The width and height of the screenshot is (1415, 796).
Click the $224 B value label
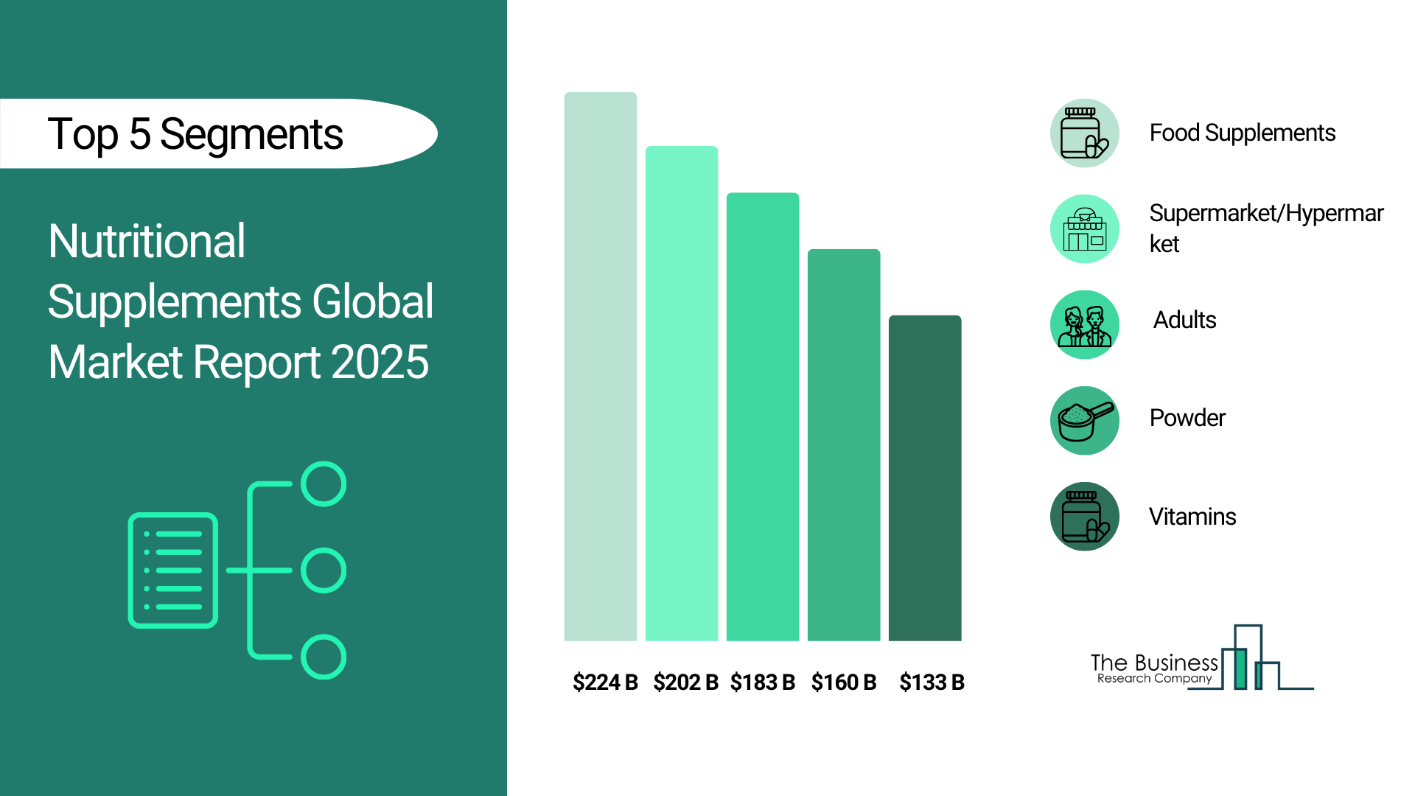coord(605,682)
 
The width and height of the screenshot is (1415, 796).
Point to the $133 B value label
coord(932,682)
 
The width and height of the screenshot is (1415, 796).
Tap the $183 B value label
coord(762,682)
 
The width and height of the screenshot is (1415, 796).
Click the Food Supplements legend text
coord(1242,133)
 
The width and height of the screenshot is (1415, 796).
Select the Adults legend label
coord(1184,320)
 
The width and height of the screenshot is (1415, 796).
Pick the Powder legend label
coord(1187,418)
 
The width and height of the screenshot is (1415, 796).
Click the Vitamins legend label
coord(1192,517)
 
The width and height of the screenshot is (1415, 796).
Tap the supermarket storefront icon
coord(1084,229)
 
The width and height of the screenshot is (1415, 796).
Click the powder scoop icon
coord(1084,421)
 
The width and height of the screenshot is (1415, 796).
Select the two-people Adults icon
coord(1084,325)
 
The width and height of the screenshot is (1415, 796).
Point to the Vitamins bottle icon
coord(1084,517)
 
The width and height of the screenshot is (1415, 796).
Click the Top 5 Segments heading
coord(195,134)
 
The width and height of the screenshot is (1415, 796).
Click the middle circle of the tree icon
coord(324,570)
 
